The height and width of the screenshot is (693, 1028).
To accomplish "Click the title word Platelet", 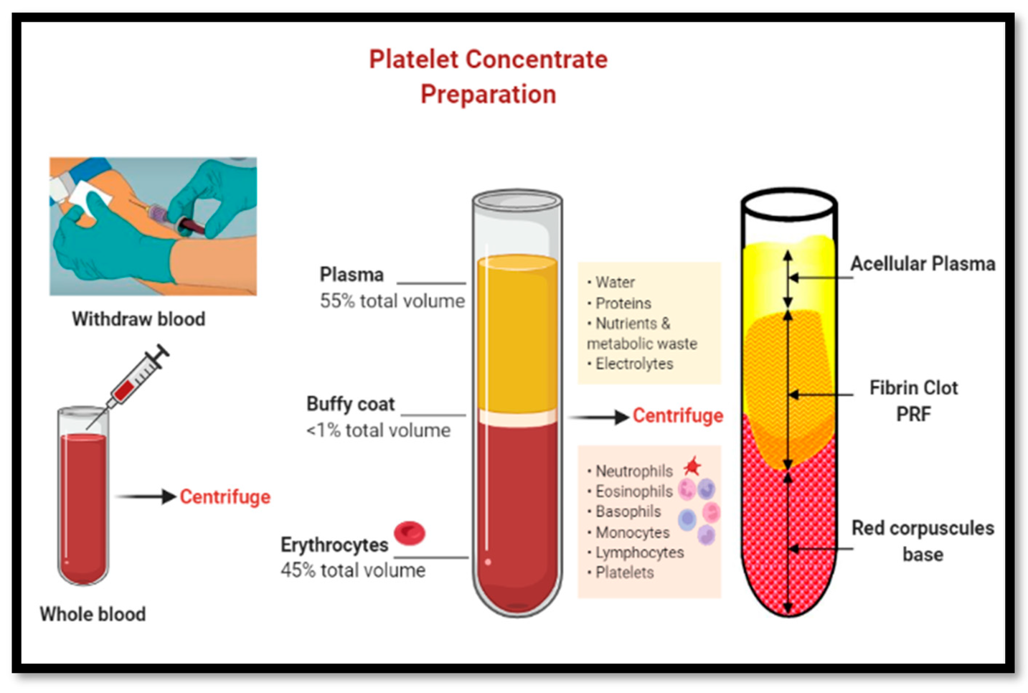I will (413, 60).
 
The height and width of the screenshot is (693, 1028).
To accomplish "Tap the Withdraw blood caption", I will (138, 319).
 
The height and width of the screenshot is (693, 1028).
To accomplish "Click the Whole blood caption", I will (93, 614).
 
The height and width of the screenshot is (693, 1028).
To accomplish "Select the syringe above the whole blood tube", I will (137, 378).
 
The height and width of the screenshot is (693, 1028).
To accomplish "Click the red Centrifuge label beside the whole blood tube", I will (225, 496).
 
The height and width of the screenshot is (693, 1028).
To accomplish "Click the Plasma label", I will (352, 275).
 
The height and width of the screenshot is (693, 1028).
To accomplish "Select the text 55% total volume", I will (392, 301).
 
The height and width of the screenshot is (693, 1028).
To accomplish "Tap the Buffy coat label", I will (350, 404).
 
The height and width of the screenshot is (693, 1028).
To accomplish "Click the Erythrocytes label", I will (334, 545).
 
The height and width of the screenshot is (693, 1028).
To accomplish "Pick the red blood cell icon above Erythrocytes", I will (410, 532).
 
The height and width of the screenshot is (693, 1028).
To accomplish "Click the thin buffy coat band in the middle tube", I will (517, 417).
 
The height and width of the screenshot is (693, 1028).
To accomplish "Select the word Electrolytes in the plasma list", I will (634, 364).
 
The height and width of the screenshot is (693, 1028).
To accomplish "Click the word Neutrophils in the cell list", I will (634, 471).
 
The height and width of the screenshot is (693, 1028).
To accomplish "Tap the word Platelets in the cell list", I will (625, 572).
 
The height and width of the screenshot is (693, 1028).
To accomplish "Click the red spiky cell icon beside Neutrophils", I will (692, 467).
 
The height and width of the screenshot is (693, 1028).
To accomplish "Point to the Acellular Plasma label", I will (923, 264).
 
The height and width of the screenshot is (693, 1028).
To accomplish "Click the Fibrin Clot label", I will (913, 388).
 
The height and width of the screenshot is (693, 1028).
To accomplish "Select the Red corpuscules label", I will (923, 529).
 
